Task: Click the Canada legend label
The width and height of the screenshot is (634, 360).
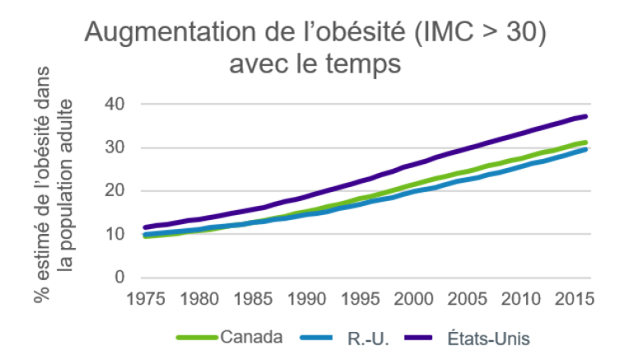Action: (x=251, y=336)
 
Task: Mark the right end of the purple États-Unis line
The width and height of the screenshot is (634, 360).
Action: (x=586, y=116)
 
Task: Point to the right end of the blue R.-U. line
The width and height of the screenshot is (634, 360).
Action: (x=586, y=149)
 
